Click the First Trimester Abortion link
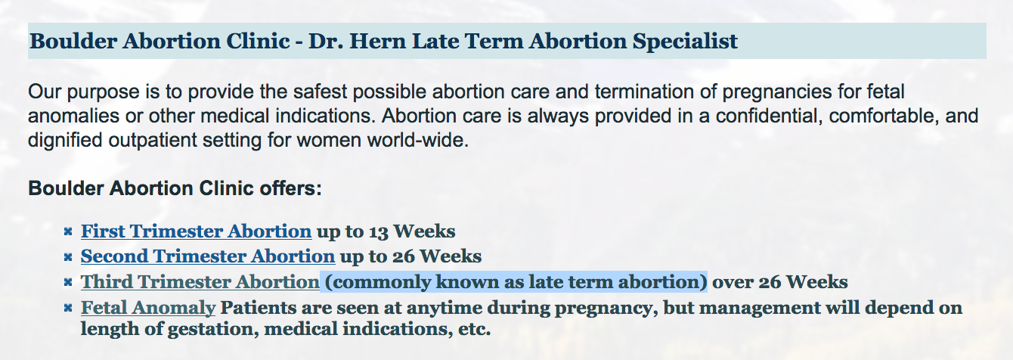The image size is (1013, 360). (x=197, y=231)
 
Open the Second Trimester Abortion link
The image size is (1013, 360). (x=208, y=256)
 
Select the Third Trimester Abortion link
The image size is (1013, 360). (x=200, y=282)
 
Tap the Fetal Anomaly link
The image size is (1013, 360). (x=148, y=308)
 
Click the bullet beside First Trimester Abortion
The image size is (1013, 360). (x=68, y=232)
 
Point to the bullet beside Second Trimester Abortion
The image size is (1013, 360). (x=68, y=257)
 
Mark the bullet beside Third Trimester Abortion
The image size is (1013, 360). (x=68, y=283)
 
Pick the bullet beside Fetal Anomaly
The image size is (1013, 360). (x=68, y=309)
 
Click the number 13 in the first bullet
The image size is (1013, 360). (x=379, y=231)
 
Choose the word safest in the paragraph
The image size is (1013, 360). (x=321, y=92)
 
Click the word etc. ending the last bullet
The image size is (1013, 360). (x=475, y=329)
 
